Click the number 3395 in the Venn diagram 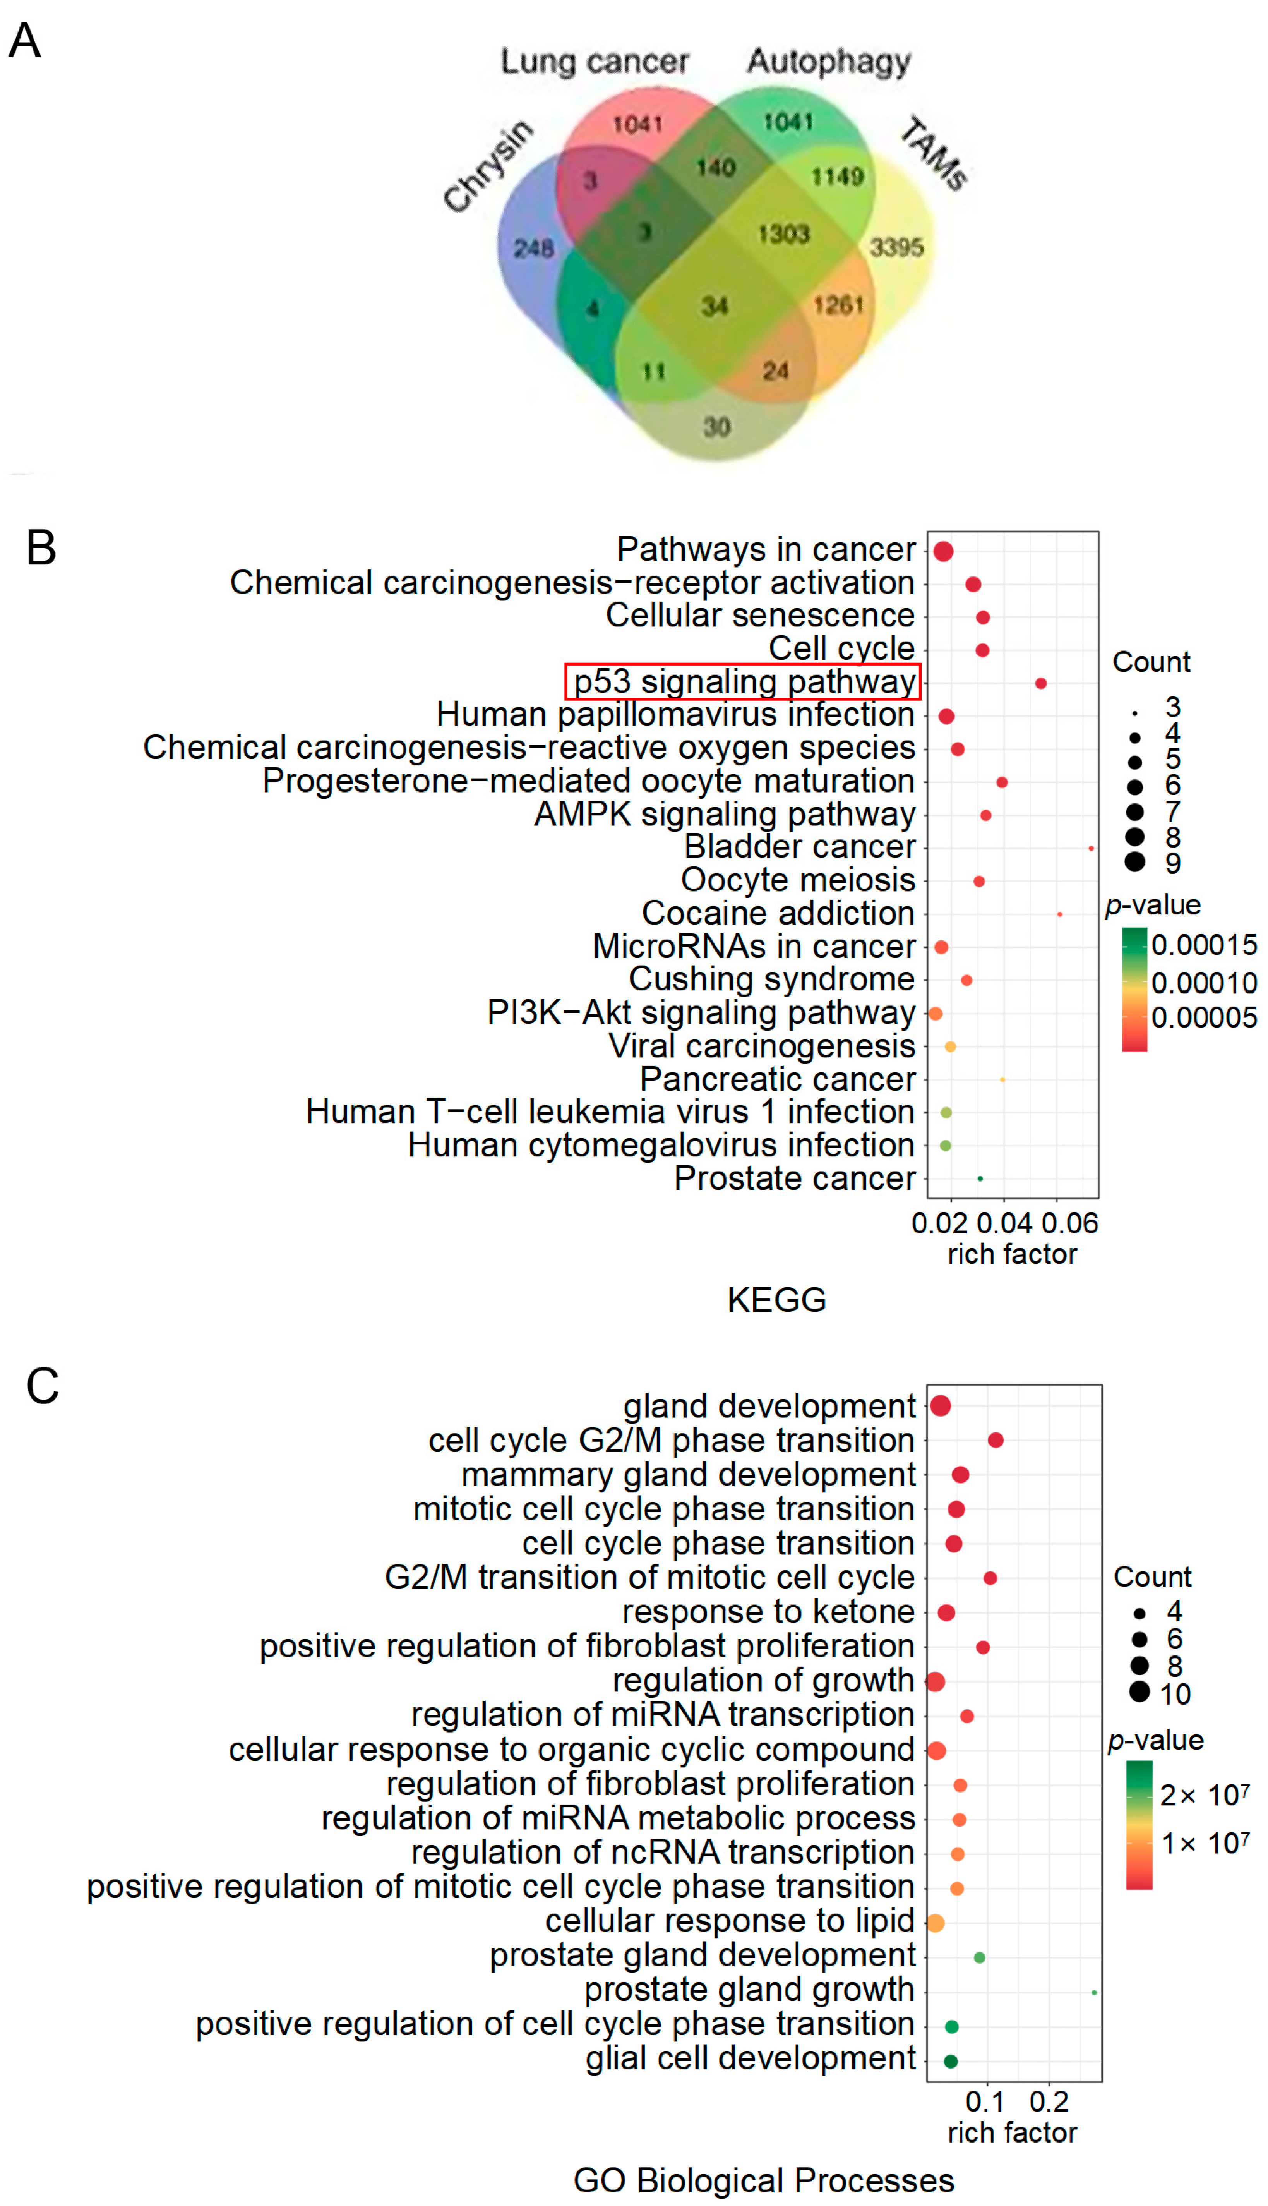896,247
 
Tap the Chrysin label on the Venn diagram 488,165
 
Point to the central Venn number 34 714,306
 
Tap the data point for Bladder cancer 1091,848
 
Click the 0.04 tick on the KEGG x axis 1004,1224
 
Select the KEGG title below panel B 777,1300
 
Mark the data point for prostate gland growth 1094,1993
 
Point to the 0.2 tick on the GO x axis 1049,2102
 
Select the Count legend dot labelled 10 1139,1692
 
